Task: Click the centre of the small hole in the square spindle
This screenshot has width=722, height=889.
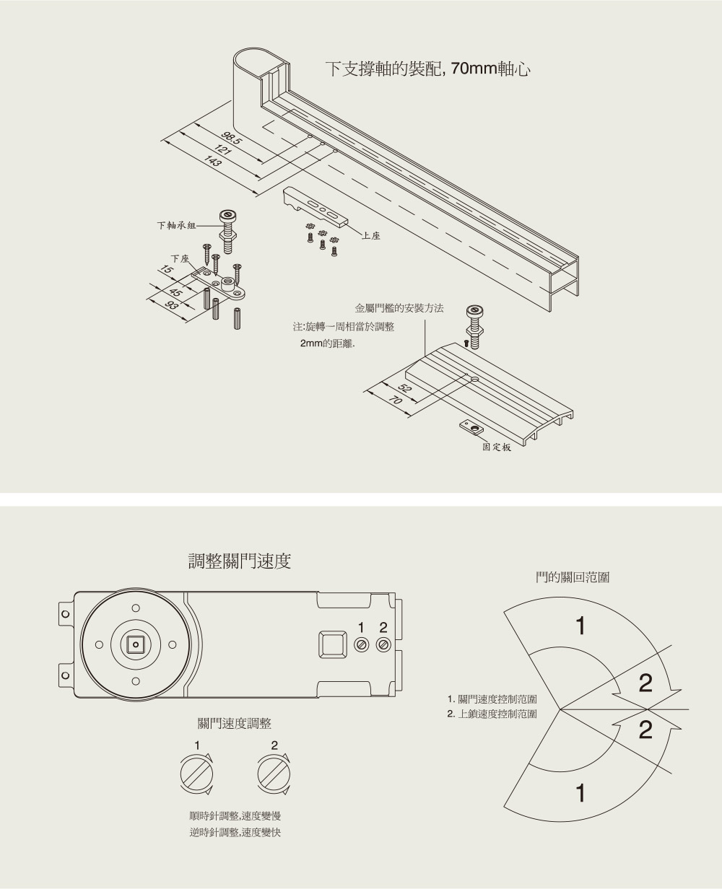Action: coord(135,644)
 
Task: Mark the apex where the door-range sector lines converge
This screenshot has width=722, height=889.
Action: coord(560,709)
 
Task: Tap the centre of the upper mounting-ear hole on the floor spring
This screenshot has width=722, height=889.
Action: coord(65,614)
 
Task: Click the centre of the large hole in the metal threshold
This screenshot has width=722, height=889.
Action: coord(475,379)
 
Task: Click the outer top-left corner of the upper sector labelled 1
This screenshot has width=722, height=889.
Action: coord(504,613)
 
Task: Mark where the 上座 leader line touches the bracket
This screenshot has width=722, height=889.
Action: coord(346,224)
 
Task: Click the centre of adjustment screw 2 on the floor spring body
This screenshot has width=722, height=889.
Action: coord(383,645)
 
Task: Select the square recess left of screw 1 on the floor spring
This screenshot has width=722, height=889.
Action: coord(332,644)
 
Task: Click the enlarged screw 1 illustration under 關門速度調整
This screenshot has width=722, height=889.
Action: coord(196,774)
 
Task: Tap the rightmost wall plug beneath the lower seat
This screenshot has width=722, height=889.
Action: coord(237,319)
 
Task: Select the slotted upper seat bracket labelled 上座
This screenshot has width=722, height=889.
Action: coord(315,206)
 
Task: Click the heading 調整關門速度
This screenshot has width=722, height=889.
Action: coord(239,561)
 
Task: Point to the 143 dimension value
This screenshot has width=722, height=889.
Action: coord(212,161)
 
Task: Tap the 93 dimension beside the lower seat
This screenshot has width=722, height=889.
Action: coord(171,305)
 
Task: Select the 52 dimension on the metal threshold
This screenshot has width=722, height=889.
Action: coord(404,388)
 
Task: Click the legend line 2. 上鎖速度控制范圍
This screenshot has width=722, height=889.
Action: coord(492,714)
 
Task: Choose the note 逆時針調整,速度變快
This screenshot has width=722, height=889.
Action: coord(235,832)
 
